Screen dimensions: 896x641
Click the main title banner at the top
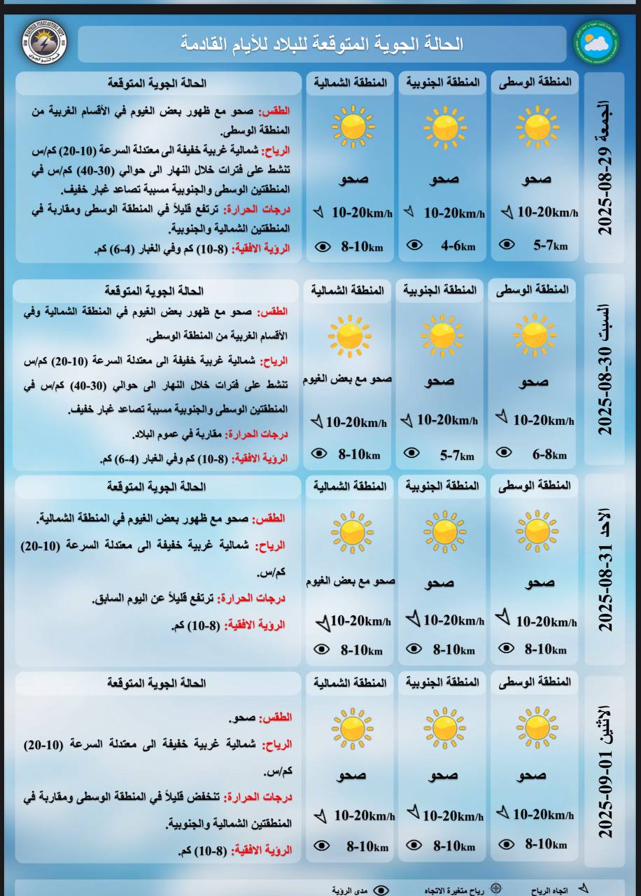pyautogui.click(x=322, y=45)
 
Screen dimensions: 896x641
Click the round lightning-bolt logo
pyautogui.click(x=45, y=43)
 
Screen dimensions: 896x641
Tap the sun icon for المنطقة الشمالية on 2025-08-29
pyautogui.click(x=353, y=127)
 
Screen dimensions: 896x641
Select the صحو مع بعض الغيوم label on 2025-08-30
pyautogui.click(x=348, y=379)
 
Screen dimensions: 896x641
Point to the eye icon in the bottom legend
pyautogui.click(x=381, y=890)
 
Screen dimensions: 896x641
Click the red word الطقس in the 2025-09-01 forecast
pyautogui.click(x=276, y=718)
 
